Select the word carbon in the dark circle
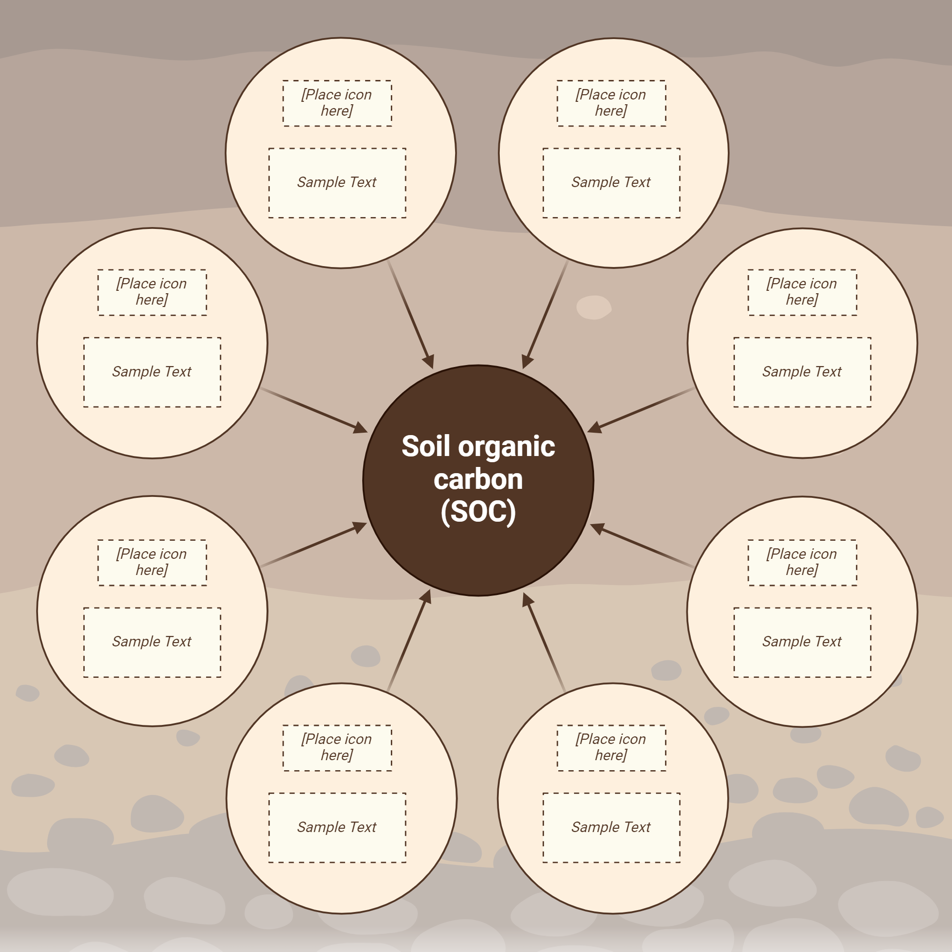click(x=478, y=479)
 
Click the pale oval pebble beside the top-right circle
click(x=594, y=307)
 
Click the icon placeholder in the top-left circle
click(x=337, y=103)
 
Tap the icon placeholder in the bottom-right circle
click(x=611, y=747)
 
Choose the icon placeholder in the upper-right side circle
click(x=802, y=292)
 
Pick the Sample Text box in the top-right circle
click(x=611, y=183)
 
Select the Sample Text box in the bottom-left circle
click(x=337, y=827)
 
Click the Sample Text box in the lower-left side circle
click(x=152, y=642)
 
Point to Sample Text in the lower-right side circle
click(x=802, y=642)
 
